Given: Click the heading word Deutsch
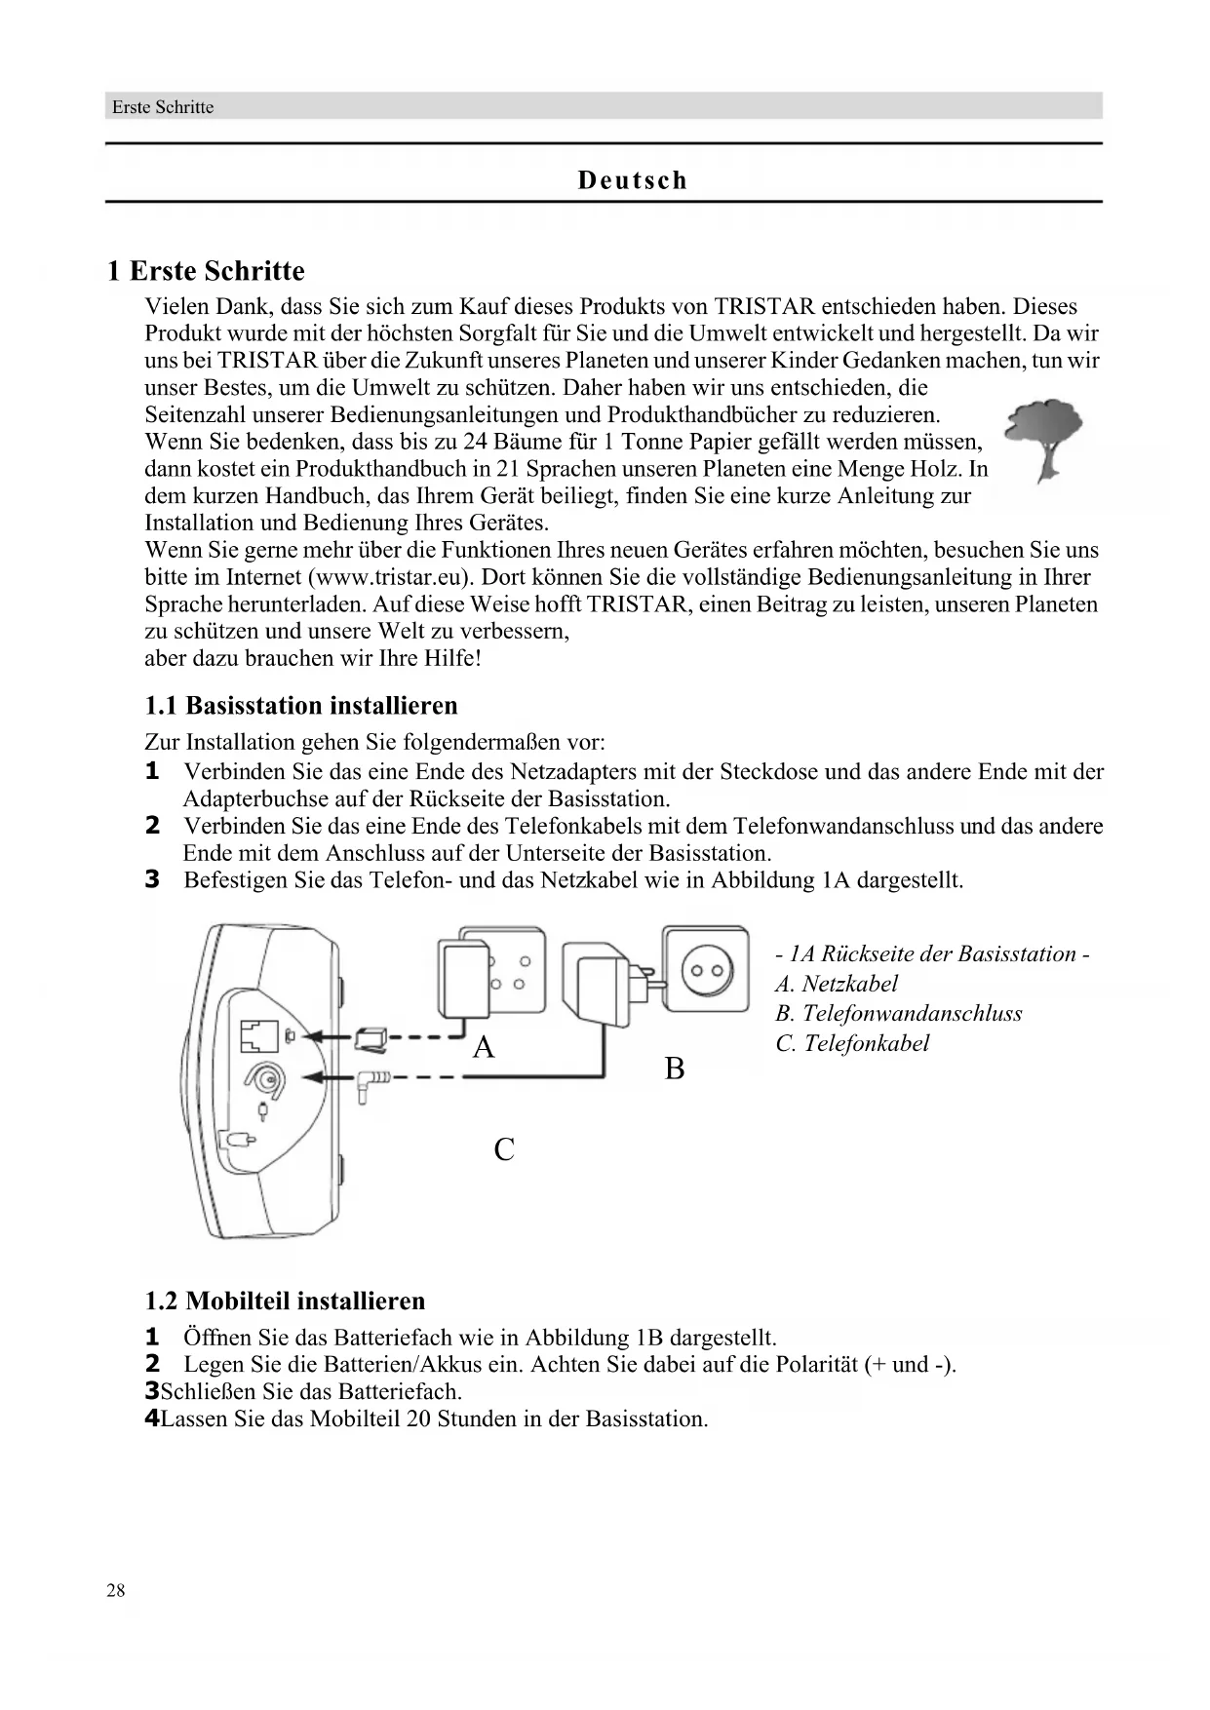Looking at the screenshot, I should (x=633, y=180).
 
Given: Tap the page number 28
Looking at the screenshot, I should (x=116, y=1591).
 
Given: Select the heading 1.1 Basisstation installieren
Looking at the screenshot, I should (x=300, y=706).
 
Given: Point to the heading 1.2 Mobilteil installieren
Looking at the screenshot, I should (x=285, y=1302).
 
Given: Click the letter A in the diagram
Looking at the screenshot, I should (x=484, y=1048).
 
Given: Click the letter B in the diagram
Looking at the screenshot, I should (x=674, y=1069).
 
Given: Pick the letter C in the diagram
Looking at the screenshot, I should (x=504, y=1150).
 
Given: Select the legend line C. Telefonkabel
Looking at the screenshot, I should (x=852, y=1043).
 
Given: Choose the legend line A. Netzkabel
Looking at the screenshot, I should (x=836, y=984).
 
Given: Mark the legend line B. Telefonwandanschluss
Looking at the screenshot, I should (x=898, y=1014).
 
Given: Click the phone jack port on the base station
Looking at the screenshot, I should (x=258, y=1035).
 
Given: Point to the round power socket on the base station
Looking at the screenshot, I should (x=264, y=1079).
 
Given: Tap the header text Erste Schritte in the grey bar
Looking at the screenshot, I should (x=163, y=107).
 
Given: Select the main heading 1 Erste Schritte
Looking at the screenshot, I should (x=206, y=271).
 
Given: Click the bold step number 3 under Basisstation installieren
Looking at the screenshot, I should (x=152, y=880).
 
